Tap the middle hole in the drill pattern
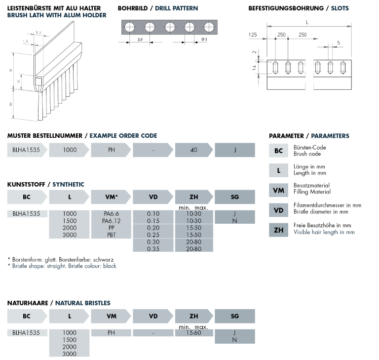[x=170, y=27]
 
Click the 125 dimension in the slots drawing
[x=253, y=35]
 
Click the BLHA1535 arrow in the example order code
[x=27, y=150]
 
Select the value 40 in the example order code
[x=193, y=150]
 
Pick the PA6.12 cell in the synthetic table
[x=112, y=221]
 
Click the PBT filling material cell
[x=112, y=235]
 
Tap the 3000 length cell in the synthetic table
[x=70, y=235]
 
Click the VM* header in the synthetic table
[x=112, y=197]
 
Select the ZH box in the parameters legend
[x=279, y=230]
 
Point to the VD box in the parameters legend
[x=279, y=210]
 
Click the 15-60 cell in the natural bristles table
[x=193, y=333]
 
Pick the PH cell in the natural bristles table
[x=112, y=333]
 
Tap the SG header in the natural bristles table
[x=235, y=316]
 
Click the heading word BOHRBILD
[x=131, y=8]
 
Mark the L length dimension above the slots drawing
[x=307, y=22]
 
